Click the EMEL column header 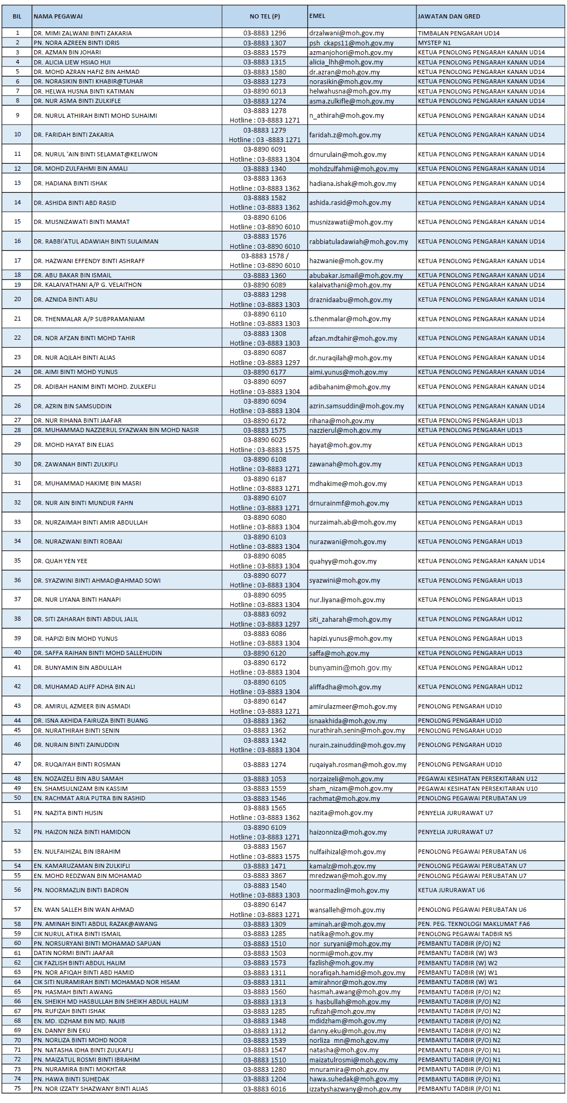pyautogui.click(x=317, y=16)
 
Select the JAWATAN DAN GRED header pyautogui.click(x=449, y=16)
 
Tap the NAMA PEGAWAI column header pyautogui.click(x=58, y=16)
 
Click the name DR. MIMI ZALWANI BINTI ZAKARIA pyautogui.click(x=82, y=33)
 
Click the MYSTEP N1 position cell pyautogui.click(x=434, y=43)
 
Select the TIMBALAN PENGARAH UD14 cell pyautogui.click(x=459, y=33)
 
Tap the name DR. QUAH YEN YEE pyautogui.click(x=60, y=561)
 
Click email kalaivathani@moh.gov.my pyautogui.click(x=350, y=285)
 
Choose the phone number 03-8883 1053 pyautogui.click(x=265, y=779)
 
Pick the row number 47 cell pyautogui.click(x=17, y=764)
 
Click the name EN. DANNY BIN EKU pyautogui.click(x=62, y=1030)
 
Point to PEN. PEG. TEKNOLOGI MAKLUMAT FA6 pyautogui.click(x=473, y=924)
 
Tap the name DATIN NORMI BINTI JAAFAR pyautogui.click(x=73, y=953)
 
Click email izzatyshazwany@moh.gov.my pyautogui.click(x=355, y=1089)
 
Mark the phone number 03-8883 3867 pyautogui.click(x=265, y=875)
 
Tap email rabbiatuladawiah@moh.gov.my pyautogui.click(x=358, y=241)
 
